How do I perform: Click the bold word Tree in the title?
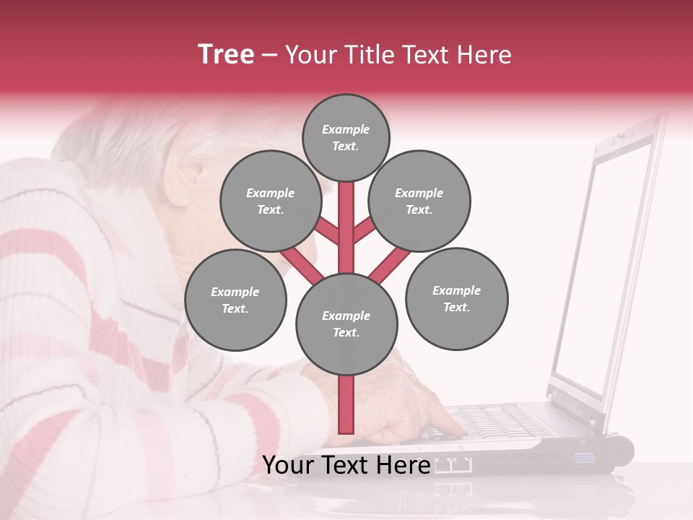click(226, 55)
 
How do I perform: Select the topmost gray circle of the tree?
click(346, 137)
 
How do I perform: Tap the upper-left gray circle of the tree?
click(270, 201)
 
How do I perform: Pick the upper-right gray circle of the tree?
click(419, 201)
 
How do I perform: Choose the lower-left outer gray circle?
click(235, 300)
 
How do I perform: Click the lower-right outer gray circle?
click(457, 298)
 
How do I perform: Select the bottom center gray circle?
click(346, 324)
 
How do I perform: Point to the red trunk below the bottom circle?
click(346, 404)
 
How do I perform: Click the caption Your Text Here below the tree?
click(346, 465)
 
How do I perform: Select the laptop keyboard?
click(491, 422)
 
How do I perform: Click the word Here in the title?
click(484, 55)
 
